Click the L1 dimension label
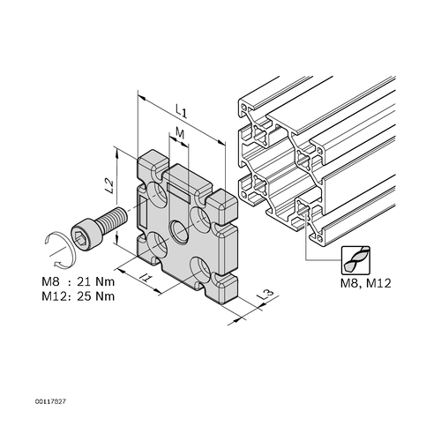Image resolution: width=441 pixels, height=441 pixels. click(x=182, y=111)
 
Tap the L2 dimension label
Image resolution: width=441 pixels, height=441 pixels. click(x=109, y=186)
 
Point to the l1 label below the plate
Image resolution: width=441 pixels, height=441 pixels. click(x=146, y=277)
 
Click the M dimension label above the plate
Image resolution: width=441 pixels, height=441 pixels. click(x=180, y=134)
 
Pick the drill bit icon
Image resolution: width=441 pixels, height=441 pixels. click(x=355, y=260)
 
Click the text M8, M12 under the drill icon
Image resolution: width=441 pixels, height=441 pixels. click(x=366, y=283)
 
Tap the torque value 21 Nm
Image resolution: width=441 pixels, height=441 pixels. click(x=95, y=281)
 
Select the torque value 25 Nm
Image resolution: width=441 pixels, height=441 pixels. click(x=95, y=296)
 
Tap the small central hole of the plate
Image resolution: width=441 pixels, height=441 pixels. click(x=179, y=232)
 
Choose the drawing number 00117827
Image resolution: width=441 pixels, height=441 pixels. click(x=50, y=401)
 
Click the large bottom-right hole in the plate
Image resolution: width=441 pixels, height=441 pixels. click(x=201, y=270)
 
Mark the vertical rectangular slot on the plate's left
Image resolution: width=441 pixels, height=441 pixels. click(x=143, y=212)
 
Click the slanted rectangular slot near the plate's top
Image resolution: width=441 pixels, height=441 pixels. click(x=178, y=192)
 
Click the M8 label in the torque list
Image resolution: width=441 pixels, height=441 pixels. click(x=50, y=281)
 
